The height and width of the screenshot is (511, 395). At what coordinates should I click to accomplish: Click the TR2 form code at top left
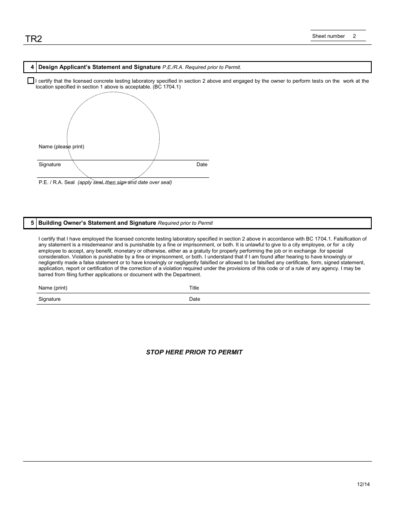[x=33, y=39]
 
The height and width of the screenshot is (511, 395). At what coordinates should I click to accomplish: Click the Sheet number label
[x=328, y=36]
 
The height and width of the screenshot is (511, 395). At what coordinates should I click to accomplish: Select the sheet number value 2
[x=354, y=36]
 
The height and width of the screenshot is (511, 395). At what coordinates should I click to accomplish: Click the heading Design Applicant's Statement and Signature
[x=99, y=67]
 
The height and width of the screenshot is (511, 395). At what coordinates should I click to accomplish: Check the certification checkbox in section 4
[x=30, y=81]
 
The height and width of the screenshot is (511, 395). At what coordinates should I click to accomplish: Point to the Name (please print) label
[x=61, y=147]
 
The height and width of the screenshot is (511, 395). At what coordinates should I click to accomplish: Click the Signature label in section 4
[x=49, y=165]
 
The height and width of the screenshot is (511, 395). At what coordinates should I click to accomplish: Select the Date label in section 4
[x=202, y=165]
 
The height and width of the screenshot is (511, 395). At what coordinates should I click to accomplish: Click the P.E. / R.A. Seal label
[x=57, y=182]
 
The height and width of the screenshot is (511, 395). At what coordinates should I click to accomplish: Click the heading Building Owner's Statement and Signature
[x=97, y=223]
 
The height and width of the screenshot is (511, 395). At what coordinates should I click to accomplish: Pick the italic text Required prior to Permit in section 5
[x=185, y=223]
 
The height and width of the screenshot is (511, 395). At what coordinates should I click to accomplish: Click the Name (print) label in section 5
[x=53, y=288]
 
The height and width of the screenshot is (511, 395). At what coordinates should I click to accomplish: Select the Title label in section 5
[x=194, y=288]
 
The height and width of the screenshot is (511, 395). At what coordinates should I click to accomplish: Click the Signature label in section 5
[x=49, y=299]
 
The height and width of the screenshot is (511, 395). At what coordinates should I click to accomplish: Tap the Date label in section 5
[x=194, y=299]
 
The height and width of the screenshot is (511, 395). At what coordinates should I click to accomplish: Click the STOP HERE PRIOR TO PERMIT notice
[x=194, y=352]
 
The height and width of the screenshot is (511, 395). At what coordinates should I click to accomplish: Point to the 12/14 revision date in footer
[x=363, y=484]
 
